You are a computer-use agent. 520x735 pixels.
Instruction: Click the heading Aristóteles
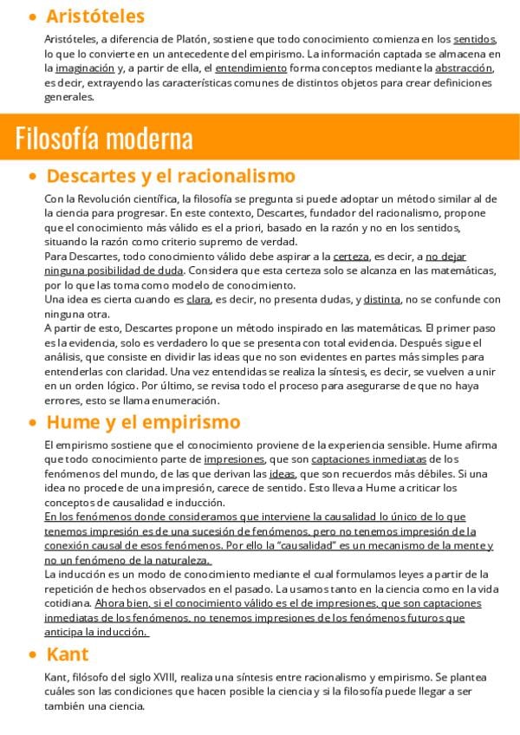(x=94, y=16)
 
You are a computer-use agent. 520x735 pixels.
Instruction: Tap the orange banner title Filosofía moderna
(x=103, y=138)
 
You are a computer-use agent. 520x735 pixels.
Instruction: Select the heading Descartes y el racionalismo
(x=171, y=176)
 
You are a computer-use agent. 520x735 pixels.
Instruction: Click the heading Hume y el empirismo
(x=143, y=422)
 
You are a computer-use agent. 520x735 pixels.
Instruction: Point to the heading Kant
(x=68, y=654)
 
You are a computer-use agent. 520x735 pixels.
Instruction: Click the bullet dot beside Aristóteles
(x=33, y=17)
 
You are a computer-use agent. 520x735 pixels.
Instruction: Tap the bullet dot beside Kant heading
(x=33, y=655)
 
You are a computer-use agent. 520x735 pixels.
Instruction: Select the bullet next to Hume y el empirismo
(x=33, y=424)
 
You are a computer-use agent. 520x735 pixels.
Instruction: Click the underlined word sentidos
(x=474, y=39)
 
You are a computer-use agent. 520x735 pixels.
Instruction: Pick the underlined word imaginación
(x=85, y=68)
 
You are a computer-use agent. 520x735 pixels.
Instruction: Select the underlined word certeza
(x=351, y=257)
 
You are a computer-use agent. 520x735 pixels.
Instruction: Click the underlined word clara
(x=198, y=300)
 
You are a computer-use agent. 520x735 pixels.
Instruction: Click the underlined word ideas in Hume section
(x=282, y=473)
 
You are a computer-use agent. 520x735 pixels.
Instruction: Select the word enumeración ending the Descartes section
(x=185, y=400)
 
